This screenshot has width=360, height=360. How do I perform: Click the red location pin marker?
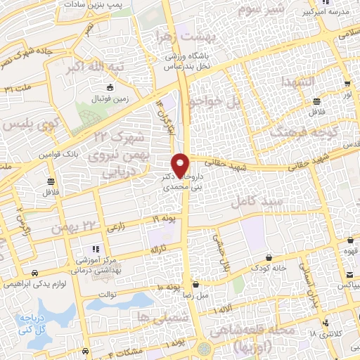click(x=181, y=165)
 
